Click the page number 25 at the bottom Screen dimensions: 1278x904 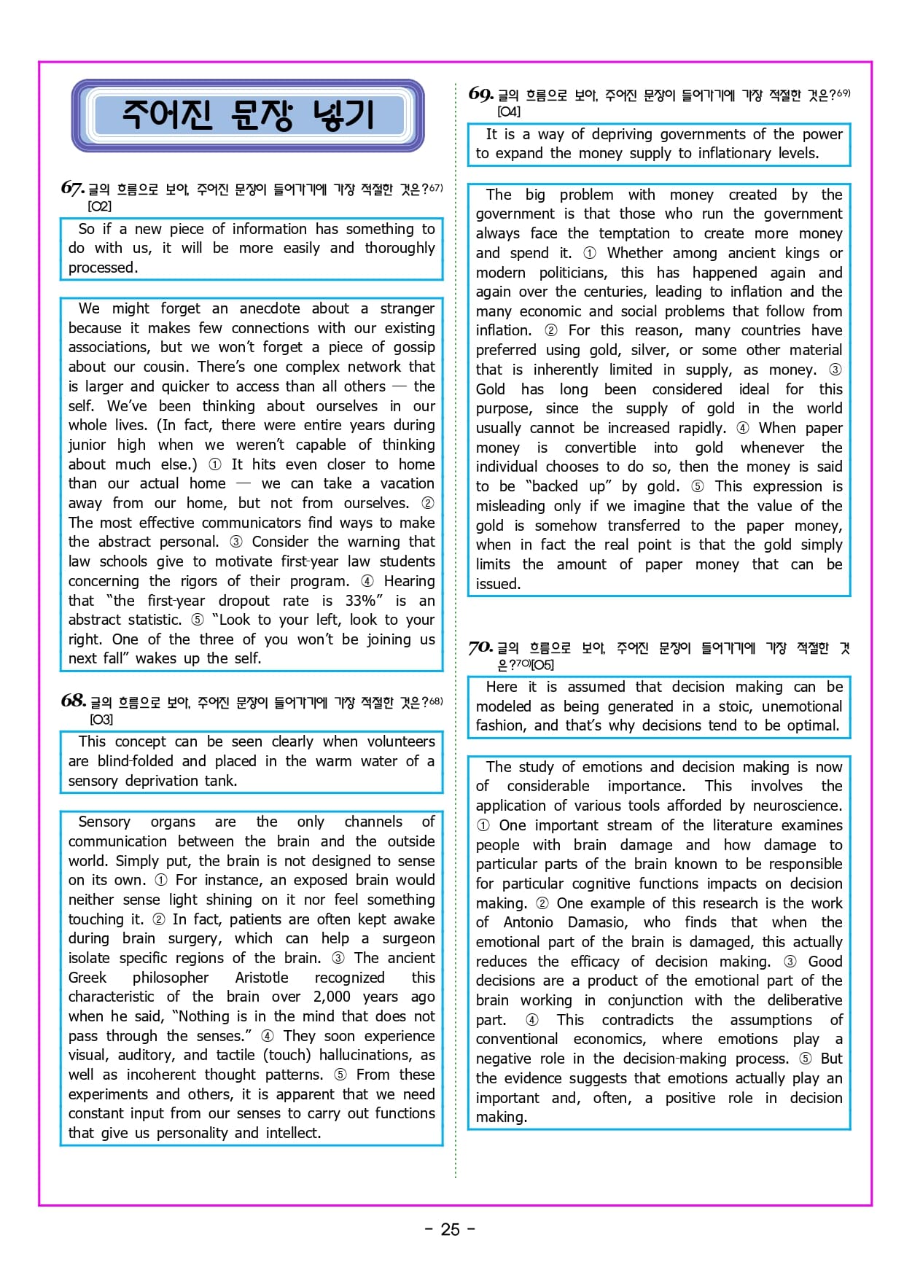coord(450,1229)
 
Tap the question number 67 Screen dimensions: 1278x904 coord(72,188)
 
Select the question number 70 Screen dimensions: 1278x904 coord(480,647)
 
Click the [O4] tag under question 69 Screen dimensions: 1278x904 coord(509,112)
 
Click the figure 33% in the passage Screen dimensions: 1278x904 coord(362,601)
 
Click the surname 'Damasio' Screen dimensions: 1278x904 coord(597,922)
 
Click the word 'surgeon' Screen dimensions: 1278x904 coord(408,938)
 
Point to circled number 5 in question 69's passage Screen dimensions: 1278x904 coord(697,486)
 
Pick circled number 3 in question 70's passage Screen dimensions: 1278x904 coord(790,962)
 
